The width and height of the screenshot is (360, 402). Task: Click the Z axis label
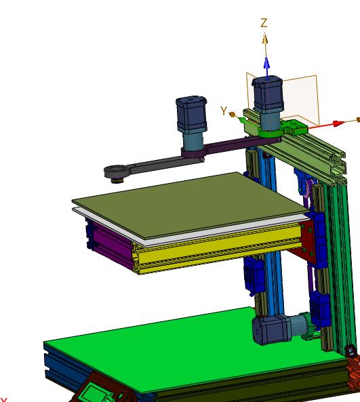click(264, 23)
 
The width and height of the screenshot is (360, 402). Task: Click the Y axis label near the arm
click(224, 111)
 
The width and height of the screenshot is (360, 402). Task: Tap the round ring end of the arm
click(118, 172)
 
